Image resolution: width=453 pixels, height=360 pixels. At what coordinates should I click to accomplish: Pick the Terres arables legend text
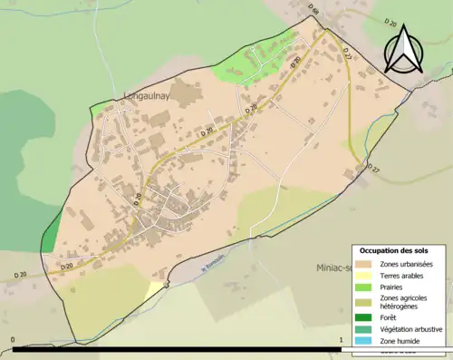pyautogui.click(x=404, y=277)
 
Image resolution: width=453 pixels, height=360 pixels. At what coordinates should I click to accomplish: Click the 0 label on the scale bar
pyautogui.click(x=13, y=341)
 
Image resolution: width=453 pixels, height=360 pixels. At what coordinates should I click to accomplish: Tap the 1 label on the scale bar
pyautogui.click(x=340, y=341)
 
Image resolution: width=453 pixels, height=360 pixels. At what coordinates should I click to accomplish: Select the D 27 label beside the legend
pyautogui.click(x=374, y=170)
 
